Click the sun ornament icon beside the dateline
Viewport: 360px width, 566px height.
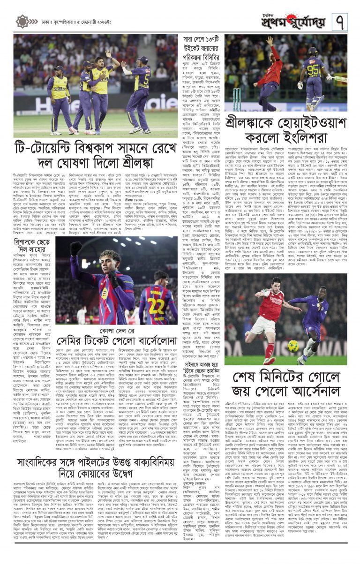click(22, 21)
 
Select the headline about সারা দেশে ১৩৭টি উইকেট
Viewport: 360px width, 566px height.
click(202, 47)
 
